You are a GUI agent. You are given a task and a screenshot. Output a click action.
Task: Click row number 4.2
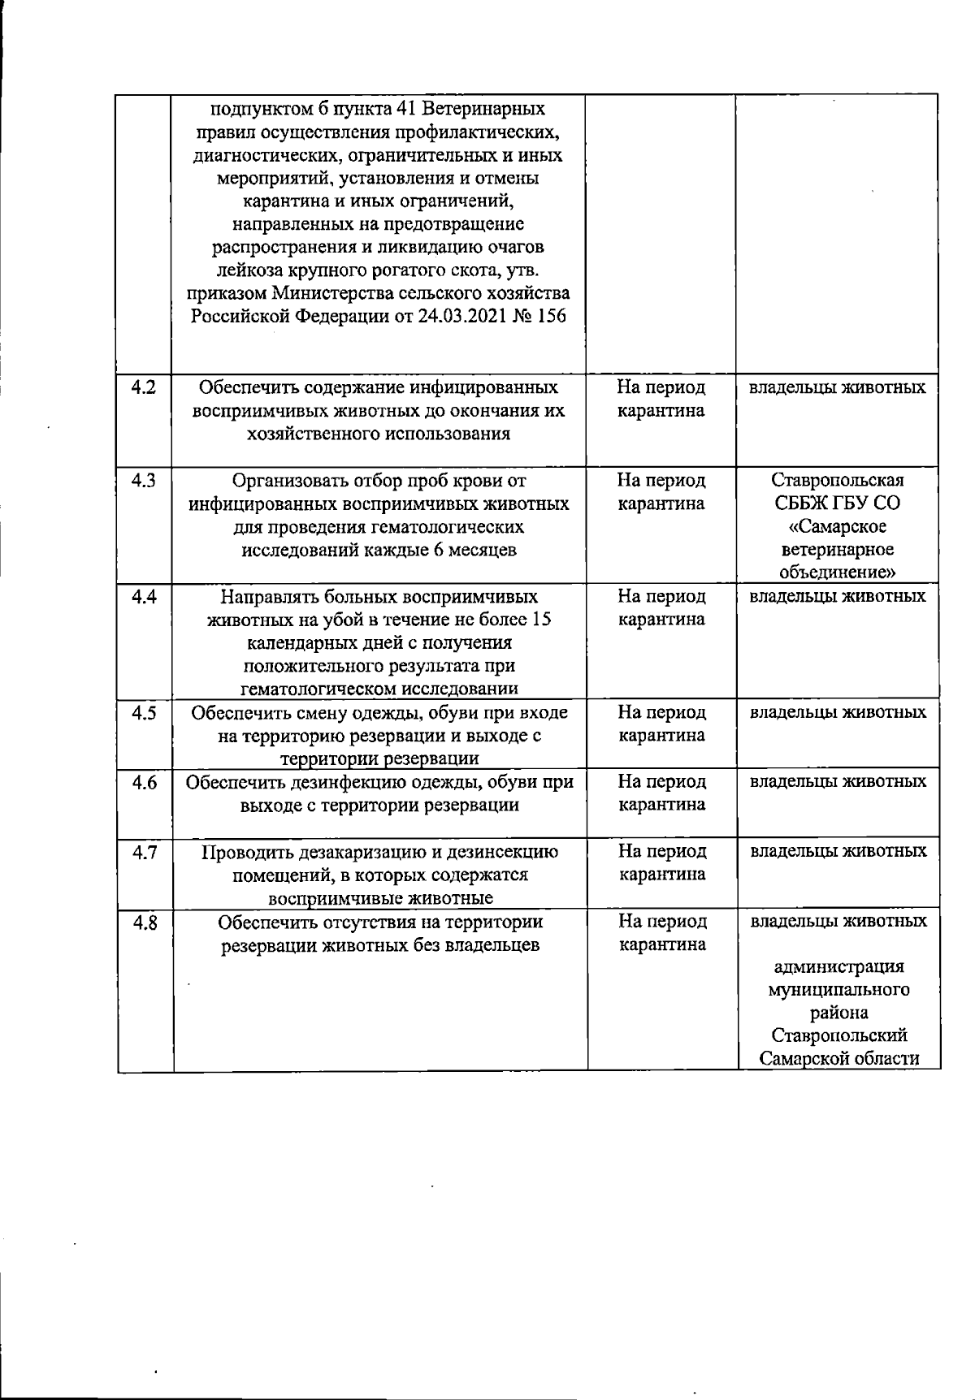click(x=144, y=387)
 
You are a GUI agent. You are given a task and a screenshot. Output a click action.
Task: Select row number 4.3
click(x=144, y=480)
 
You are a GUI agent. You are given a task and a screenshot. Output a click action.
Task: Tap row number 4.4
click(x=144, y=596)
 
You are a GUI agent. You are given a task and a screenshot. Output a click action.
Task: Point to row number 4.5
click(x=144, y=712)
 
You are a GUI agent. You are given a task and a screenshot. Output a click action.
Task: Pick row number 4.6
click(x=144, y=782)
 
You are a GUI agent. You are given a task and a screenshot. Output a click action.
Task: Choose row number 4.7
click(x=144, y=852)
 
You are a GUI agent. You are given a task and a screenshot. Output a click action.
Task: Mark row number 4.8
click(x=144, y=922)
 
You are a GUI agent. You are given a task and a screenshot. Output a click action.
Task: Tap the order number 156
click(x=551, y=316)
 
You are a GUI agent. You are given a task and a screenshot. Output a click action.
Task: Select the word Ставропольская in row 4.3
click(x=838, y=480)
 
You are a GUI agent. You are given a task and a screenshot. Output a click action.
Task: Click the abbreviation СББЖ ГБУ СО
click(x=838, y=503)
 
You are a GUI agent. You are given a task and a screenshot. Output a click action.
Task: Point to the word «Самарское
click(x=838, y=526)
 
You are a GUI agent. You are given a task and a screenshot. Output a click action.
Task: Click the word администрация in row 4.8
click(x=838, y=967)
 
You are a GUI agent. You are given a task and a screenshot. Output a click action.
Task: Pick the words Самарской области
click(x=838, y=1059)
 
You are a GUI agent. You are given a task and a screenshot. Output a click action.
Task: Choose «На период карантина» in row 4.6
click(x=661, y=793)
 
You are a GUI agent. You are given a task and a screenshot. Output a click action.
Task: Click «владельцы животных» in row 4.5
click(x=838, y=712)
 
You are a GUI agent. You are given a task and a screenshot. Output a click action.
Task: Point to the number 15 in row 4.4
click(x=541, y=620)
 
